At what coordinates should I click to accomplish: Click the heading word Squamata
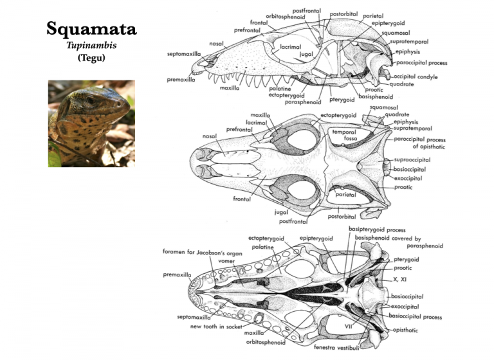(91, 29)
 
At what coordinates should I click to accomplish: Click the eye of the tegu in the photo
(90, 100)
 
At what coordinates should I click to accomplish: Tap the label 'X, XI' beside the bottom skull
(399, 280)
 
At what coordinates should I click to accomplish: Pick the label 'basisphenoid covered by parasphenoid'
(403, 241)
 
